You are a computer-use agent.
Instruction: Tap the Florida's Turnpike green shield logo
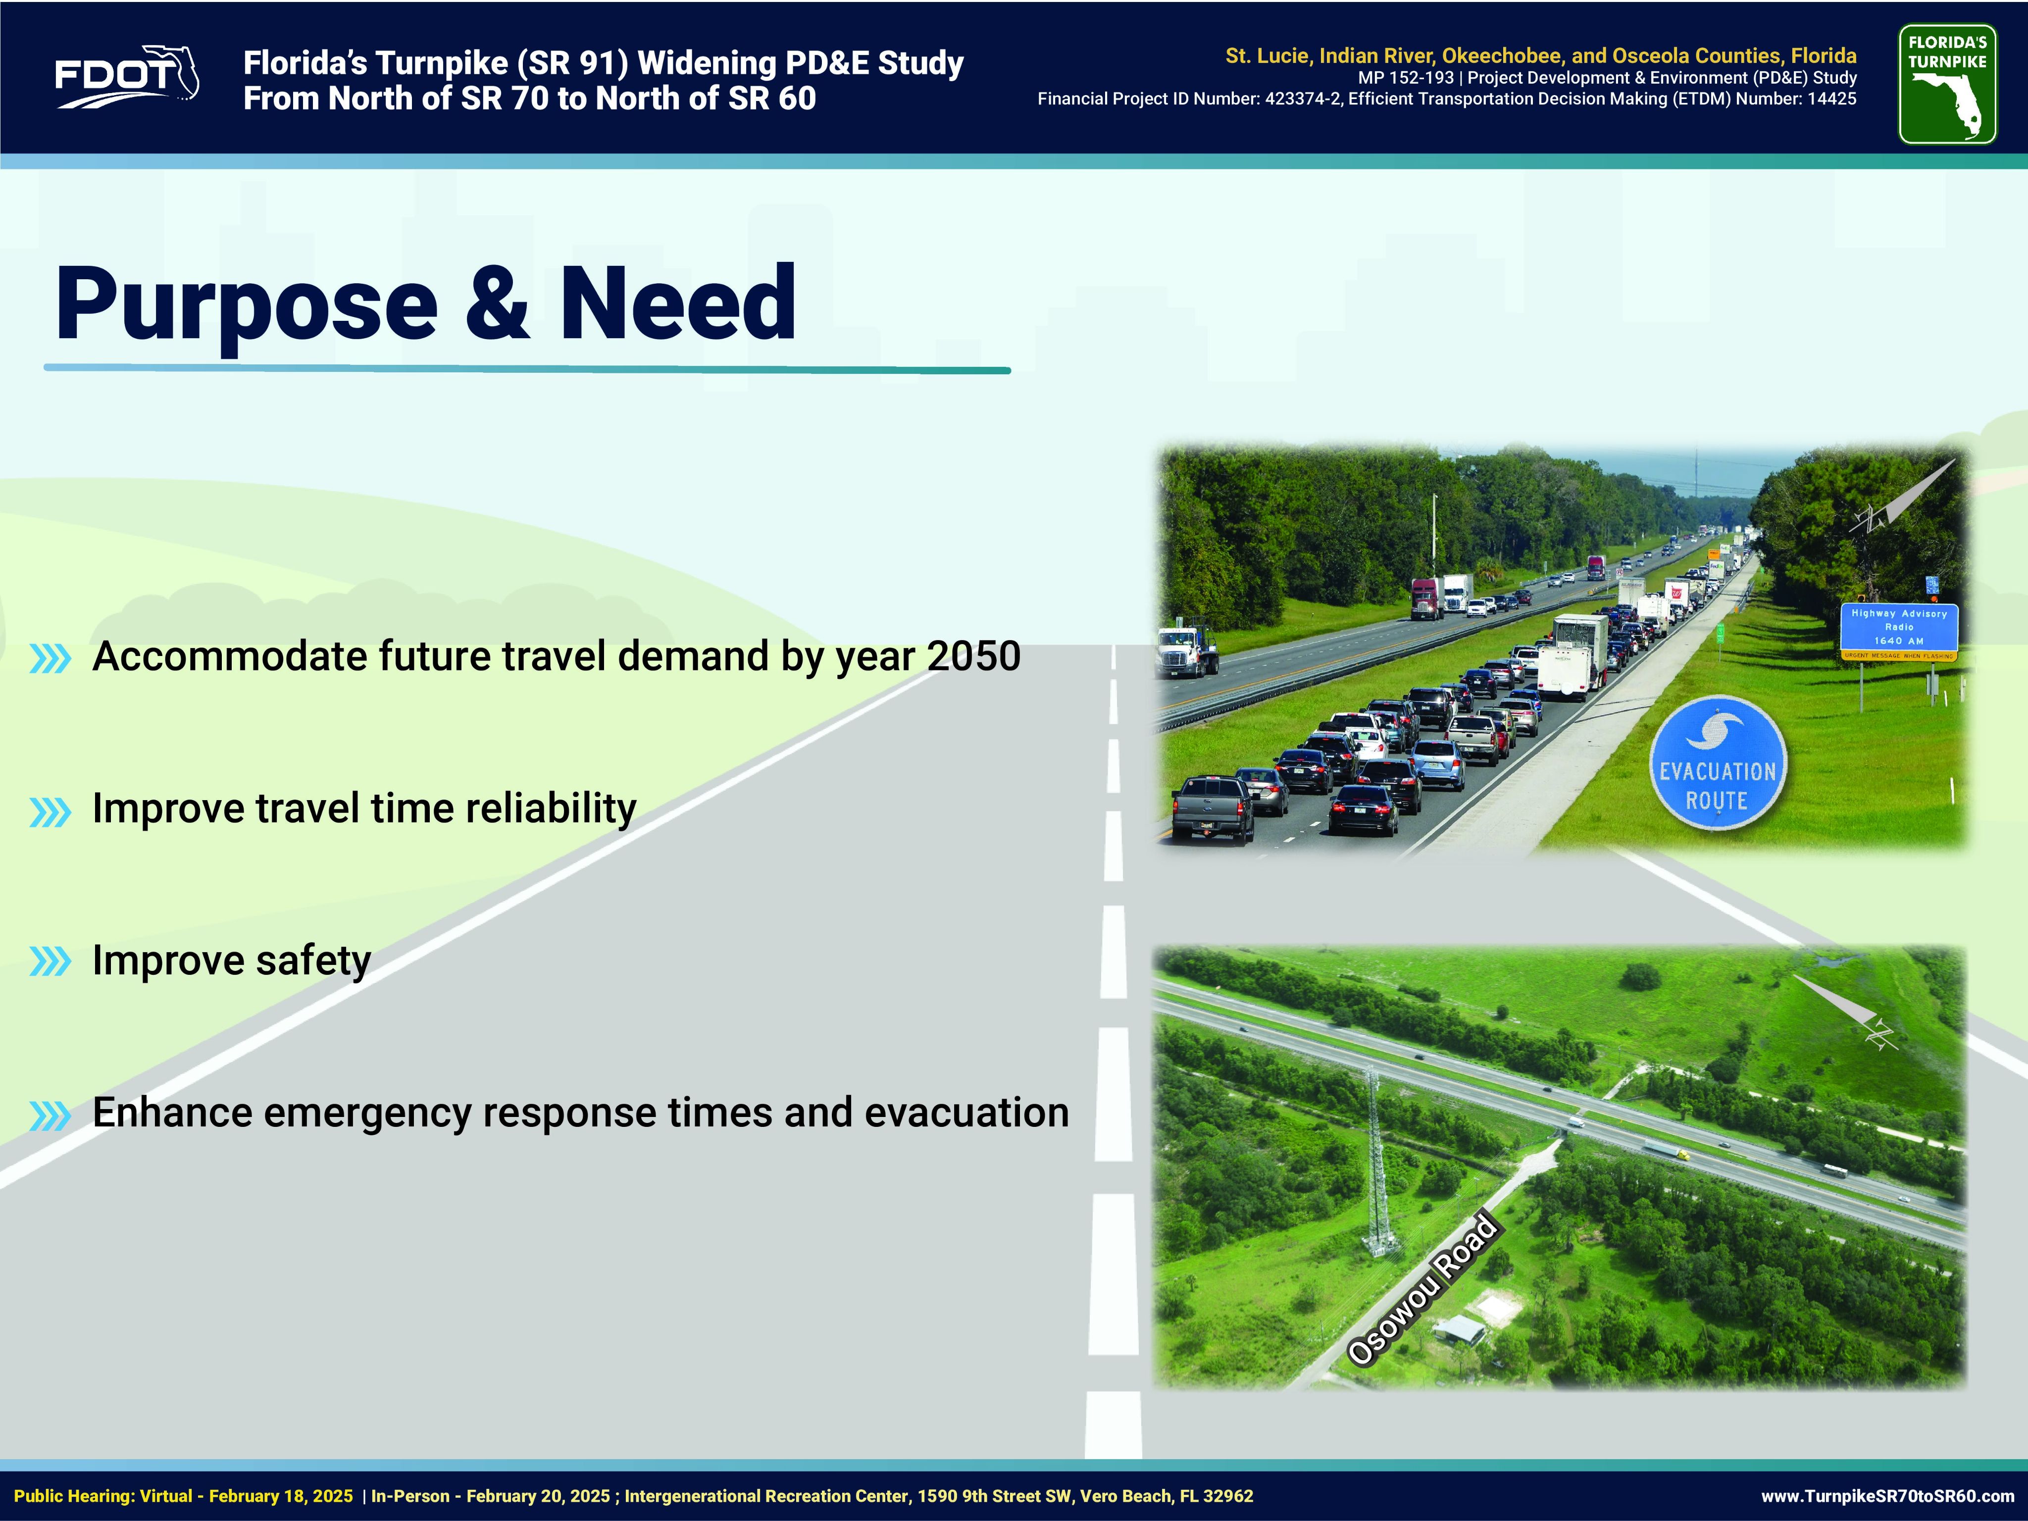pyautogui.click(x=1947, y=84)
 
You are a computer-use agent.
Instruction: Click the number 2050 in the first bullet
pyautogui.click(x=974, y=657)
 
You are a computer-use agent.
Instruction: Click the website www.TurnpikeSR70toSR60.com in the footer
pyautogui.click(x=1888, y=1496)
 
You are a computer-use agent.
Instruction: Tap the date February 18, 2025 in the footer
pyautogui.click(x=281, y=1496)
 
